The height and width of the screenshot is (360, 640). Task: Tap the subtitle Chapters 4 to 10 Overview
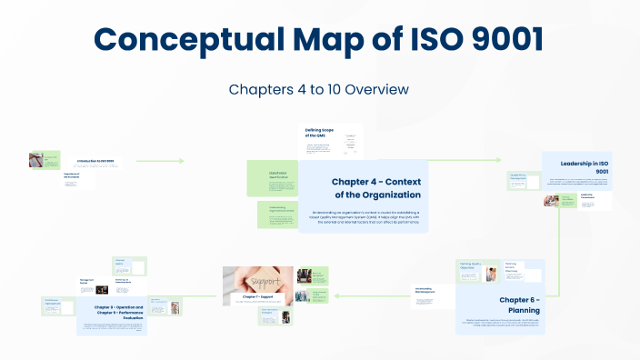319,89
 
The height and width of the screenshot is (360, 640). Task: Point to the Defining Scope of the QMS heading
318,134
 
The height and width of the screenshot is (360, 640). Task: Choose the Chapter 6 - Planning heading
519,305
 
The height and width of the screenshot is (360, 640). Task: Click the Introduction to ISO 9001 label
96,160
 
